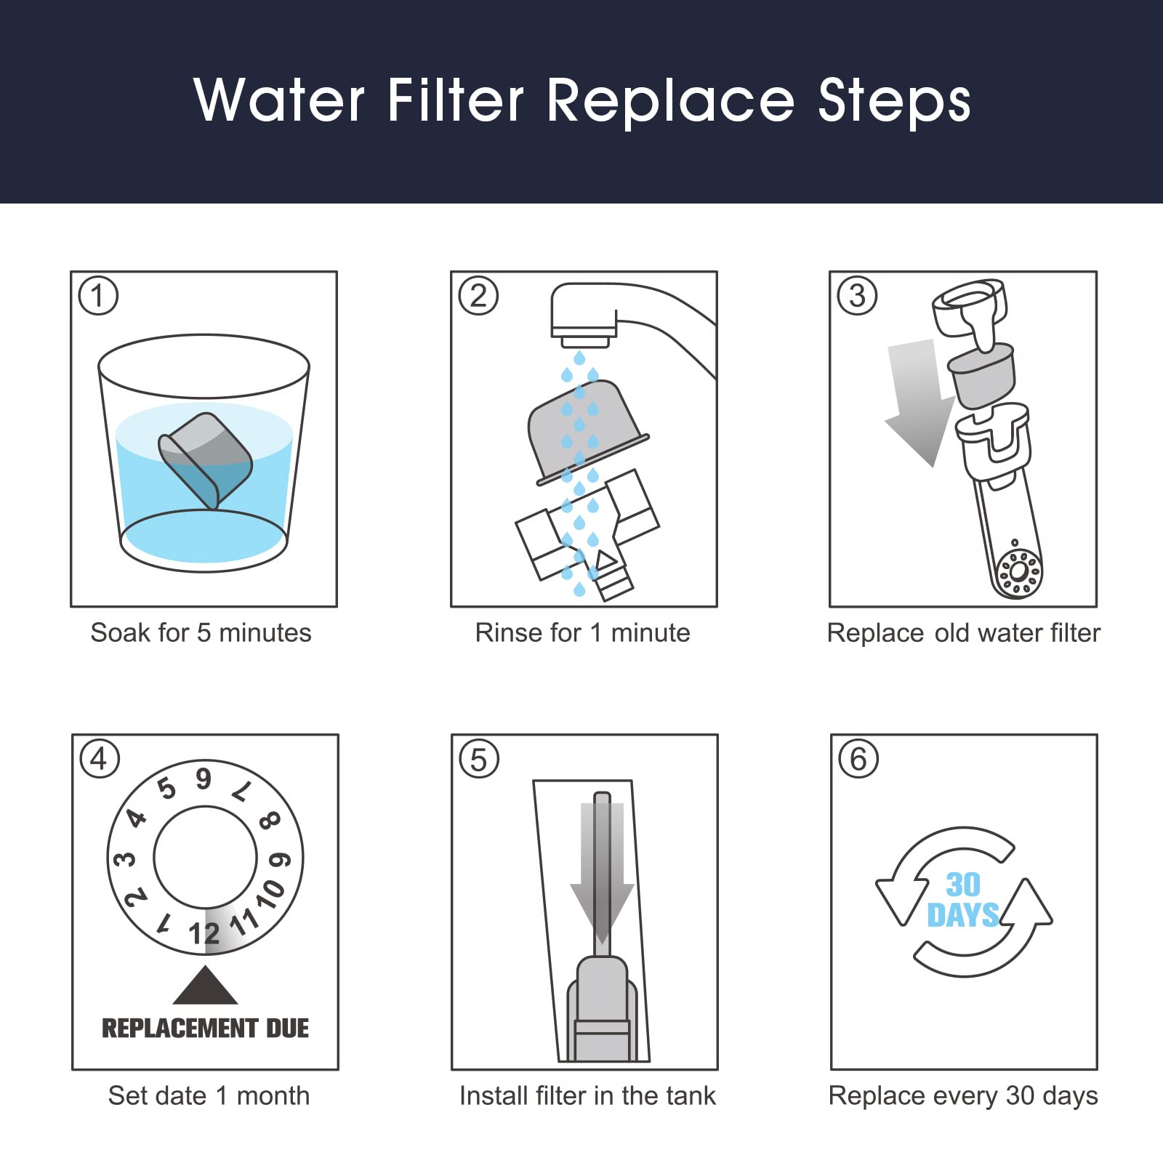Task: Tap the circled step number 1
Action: pyautogui.click(x=98, y=296)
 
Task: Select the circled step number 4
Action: pyautogui.click(x=99, y=759)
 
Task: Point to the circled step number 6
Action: pyautogui.click(x=858, y=759)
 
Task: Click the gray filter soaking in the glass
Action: pyautogui.click(x=205, y=459)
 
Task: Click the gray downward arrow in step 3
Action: pyautogui.click(x=917, y=400)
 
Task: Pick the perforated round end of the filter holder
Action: pyautogui.click(x=1018, y=574)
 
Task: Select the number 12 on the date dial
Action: pyautogui.click(x=204, y=933)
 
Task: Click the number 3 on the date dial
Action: pyautogui.click(x=125, y=860)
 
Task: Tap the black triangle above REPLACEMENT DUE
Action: pyautogui.click(x=205, y=987)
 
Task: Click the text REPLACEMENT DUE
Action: pyautogui.click(x=205, y=1028)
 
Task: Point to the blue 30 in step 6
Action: pyautogui.click(x=963, y=885)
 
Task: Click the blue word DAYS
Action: pyautogui.click(x=963, y=915)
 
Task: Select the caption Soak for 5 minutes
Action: pyautogui.click(x=201, y=632)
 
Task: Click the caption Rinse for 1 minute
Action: pyautogui.click(x=582, y=632)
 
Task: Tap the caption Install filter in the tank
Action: pyautogui.click(x=587, y=1095)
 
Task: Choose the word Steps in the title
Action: pyautogui.click(x=894, y=101)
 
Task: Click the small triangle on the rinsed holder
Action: pyautogui.click(x=605, y=560)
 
